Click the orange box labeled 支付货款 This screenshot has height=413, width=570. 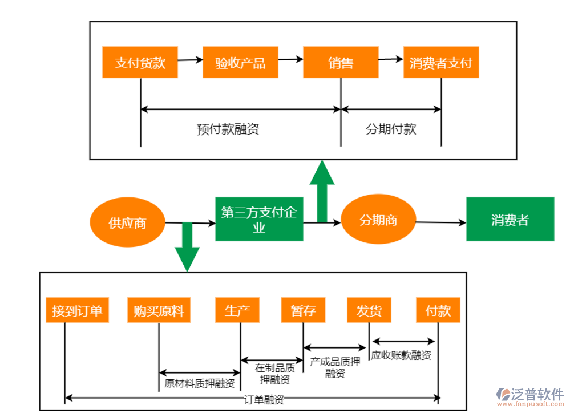pyautogui.click(x=140, y=62)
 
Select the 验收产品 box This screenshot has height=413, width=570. pyautogui.click(x=240, y=62)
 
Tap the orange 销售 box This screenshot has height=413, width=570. pyautogui.click(x=341, y=62)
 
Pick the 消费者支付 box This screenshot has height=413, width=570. pyautogui.click(x=441, y=62)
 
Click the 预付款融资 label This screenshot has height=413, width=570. pyautogui.click(x=228, y=129)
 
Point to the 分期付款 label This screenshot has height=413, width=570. pyautogui.click(x=391, y=129)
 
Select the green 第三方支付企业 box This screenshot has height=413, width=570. pyautogui.click(x=259, y=219)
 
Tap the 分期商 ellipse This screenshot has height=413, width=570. pyautogui.click(x=378, y=220)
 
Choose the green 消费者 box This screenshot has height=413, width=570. pyautogui.click(x=510, y=219)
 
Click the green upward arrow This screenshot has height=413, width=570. pyautogui.click(x=322, y=192)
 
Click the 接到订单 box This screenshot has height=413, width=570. pyautogui.click(x=77, y=311)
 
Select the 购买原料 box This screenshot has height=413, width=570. pyautogui.click(x=159, y=311)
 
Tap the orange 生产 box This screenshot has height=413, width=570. pyautogui.click(x=237, y=311)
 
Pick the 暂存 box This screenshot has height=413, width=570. pyautogui.click(x=303, y=311)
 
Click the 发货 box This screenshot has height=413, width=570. pyautogui.click(x=369, y=311)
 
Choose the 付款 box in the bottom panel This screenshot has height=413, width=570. pyautogui.click(x=438, y=311)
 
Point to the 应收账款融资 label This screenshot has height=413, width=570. pyautogui.click(x=401, y=355)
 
